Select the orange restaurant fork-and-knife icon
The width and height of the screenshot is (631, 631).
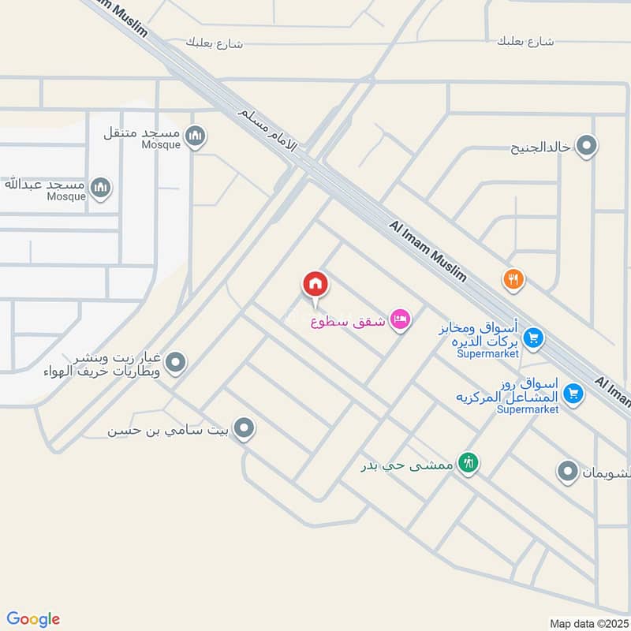pos(513,278)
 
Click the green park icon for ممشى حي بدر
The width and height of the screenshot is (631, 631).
pos(469,464)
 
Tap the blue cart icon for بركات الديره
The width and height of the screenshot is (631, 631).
pos(533,337)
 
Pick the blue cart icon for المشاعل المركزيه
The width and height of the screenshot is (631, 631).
pos(574,393)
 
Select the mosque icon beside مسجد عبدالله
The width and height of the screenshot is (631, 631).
pos(100,188)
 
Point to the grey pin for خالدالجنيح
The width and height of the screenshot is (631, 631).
pos(586,146)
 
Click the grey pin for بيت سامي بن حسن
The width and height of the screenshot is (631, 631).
pos(245,430)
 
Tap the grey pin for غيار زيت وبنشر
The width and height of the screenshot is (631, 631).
pos(176,363)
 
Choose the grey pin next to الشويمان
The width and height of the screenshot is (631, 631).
pos(567,472)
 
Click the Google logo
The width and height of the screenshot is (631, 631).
pos(33,618)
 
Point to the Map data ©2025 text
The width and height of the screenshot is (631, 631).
pos(588,623)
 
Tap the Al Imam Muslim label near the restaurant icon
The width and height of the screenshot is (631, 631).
pos(428,251)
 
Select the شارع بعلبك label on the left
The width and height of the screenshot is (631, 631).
pos(214,43)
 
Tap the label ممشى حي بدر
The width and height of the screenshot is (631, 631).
pos(407,465)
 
